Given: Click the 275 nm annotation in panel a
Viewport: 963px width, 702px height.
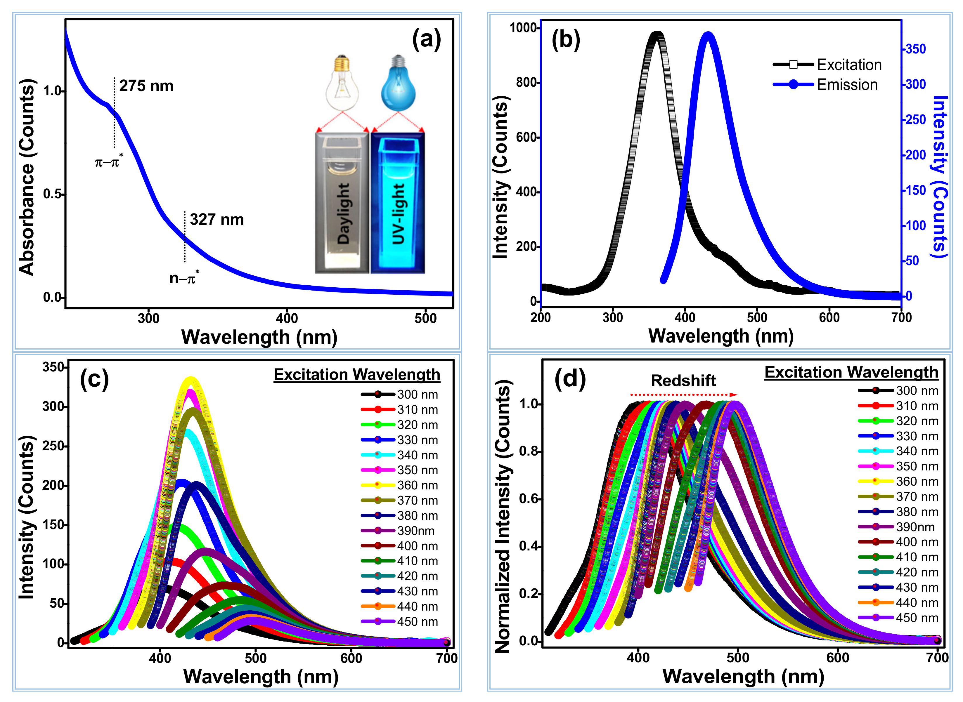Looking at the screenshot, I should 146,86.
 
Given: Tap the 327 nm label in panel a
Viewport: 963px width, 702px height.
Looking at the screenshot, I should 217,220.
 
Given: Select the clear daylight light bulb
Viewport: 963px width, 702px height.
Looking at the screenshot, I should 342,83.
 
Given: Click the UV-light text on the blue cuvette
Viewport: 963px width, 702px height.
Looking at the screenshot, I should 398,214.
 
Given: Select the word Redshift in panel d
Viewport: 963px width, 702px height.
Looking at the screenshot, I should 683,380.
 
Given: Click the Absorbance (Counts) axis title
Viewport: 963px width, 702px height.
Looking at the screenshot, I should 26,178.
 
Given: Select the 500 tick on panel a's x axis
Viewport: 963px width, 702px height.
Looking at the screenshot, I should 425,318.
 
